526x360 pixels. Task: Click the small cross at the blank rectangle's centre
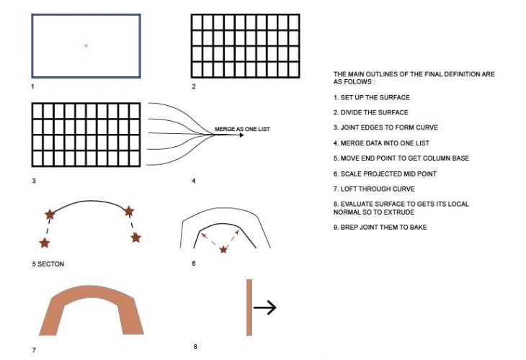coord(86,45)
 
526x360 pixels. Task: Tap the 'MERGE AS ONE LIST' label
coord(242,129)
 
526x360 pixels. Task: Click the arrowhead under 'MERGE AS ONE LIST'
coord(242,135)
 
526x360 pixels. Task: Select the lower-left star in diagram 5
coord(45,243)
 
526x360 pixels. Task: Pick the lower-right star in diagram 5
coord(136,238)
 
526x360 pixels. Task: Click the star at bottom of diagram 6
coord(223,249)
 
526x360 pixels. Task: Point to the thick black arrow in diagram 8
coord(264,307)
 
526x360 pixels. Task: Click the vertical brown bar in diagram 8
coord(249,307)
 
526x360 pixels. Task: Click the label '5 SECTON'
coord(48,264)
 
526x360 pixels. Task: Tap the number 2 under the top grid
coord(194,86)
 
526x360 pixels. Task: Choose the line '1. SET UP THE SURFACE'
coord(372,97)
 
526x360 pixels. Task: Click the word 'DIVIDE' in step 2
coord(352,112)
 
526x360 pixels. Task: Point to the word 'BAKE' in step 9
coord(419,228)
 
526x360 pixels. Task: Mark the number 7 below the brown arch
coord(34,350)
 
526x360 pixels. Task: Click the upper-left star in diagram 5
coord(50,214)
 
